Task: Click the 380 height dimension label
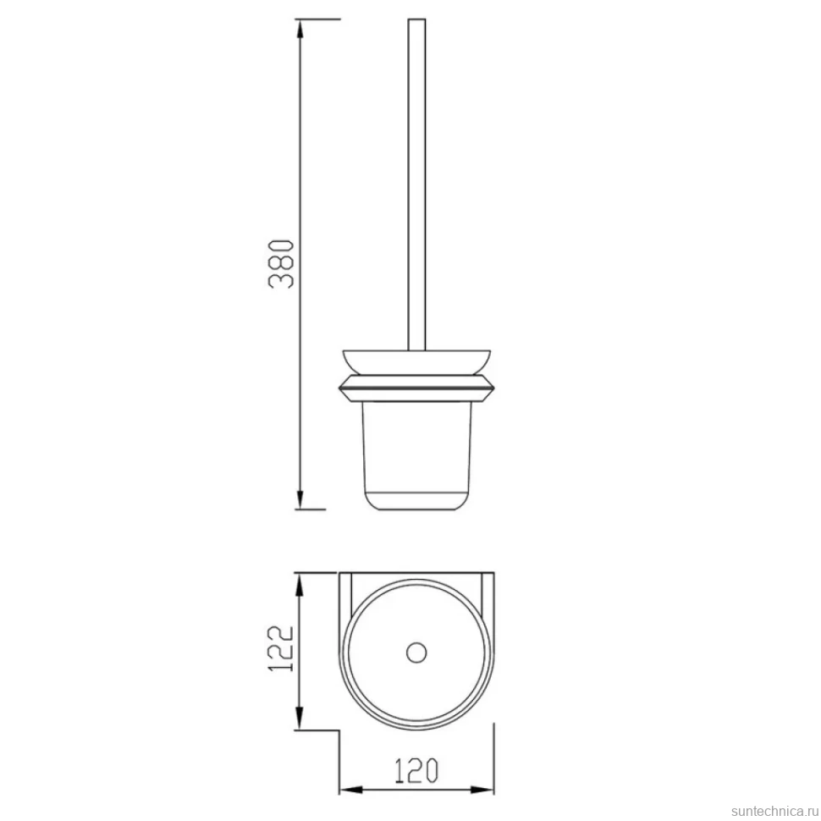tap(281, 264)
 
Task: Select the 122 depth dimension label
tap(281, 648)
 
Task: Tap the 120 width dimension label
tap(416, 770)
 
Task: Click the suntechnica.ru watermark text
tap(775, 811)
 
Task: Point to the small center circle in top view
tap(416, 653)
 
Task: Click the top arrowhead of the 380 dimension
tap(300, 30)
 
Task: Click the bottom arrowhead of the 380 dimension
tap(300, 499)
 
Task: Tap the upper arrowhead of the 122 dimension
tap(299, 584)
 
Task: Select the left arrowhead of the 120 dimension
tap(350, 790)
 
